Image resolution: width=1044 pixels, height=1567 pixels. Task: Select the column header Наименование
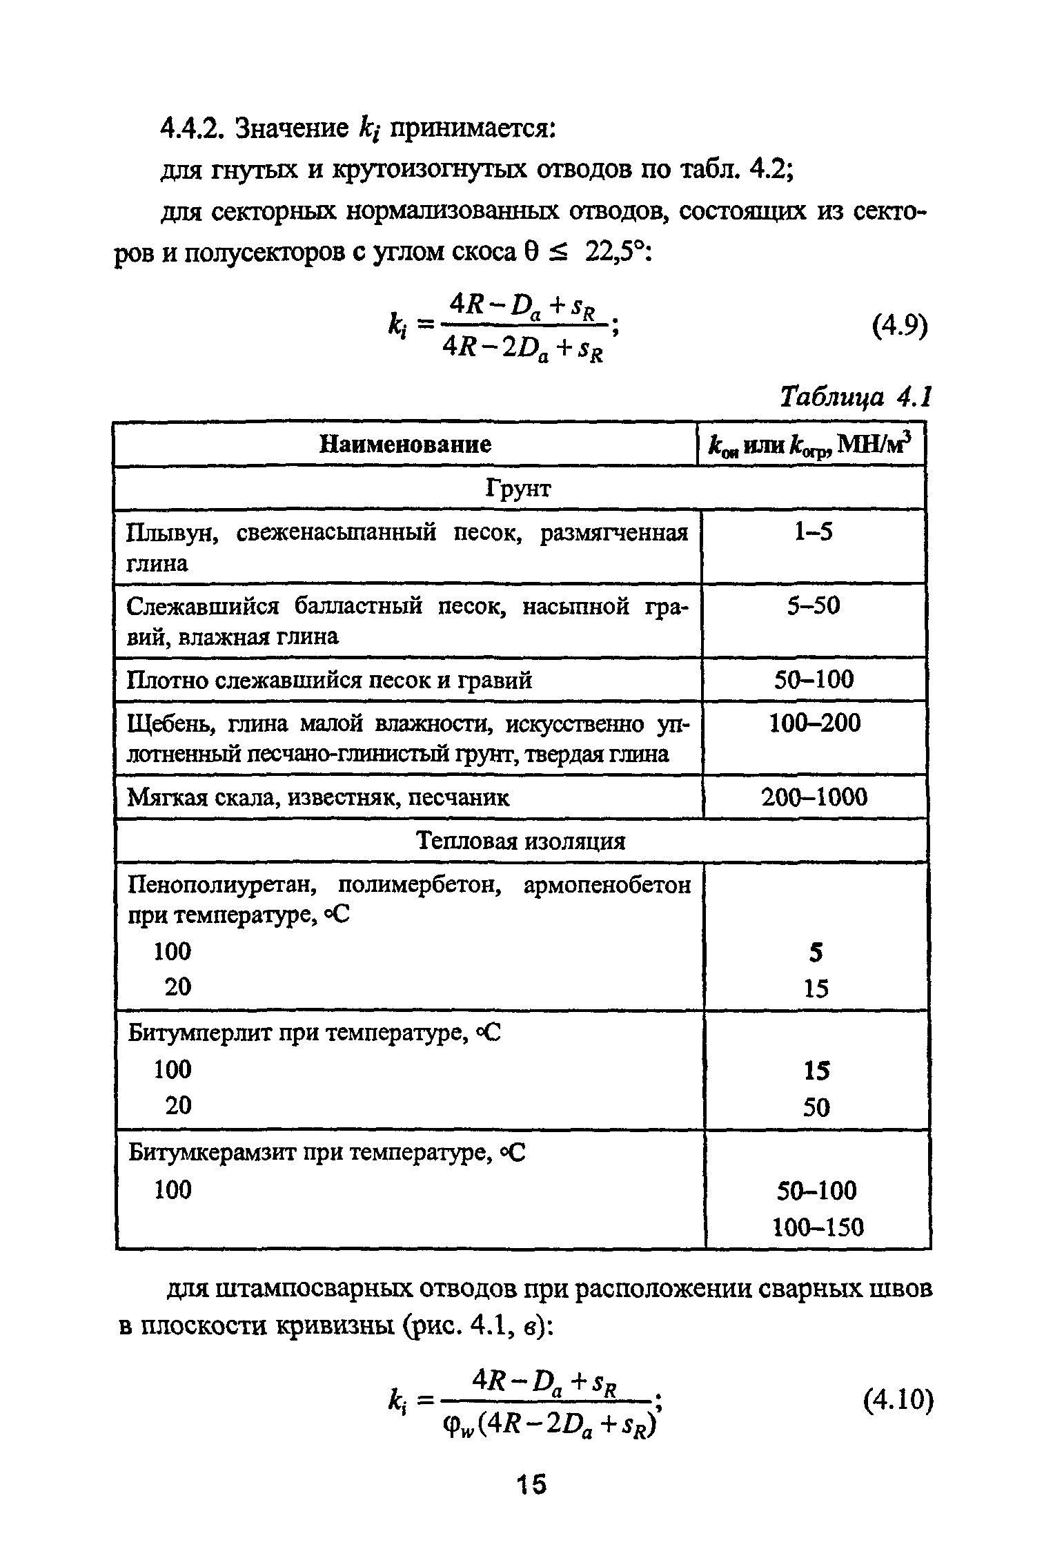click(406, 444)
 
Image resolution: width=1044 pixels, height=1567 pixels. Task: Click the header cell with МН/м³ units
click(811, 445)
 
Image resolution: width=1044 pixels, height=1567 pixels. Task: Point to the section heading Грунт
click(519, 488)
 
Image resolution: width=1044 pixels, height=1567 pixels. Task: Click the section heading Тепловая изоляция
click(521, 841)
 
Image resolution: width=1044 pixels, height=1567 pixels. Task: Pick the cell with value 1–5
click(814, 532)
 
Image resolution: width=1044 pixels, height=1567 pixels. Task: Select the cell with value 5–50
click(814, 606)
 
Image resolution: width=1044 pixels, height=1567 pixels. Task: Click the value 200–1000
click(814, 797)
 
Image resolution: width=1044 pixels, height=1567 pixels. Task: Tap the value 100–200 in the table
click(815, 723)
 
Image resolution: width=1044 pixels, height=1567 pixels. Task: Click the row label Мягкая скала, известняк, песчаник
click(319, 798)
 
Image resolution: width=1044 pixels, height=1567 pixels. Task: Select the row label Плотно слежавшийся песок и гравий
click(330, 681)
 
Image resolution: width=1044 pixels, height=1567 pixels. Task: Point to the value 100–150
click(818, 1227)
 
